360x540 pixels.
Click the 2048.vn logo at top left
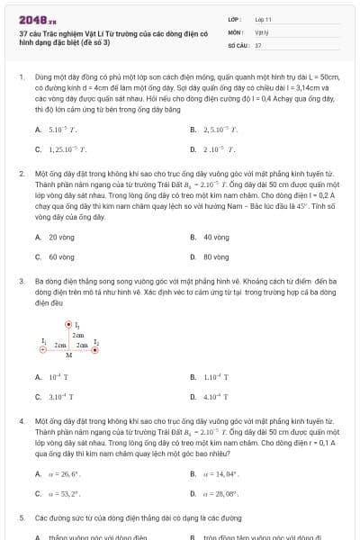pos(37,18)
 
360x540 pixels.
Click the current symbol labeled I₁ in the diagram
pos(68,325)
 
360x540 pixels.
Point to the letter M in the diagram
pos(69,355)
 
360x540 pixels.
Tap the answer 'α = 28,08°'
pos(220,492)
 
